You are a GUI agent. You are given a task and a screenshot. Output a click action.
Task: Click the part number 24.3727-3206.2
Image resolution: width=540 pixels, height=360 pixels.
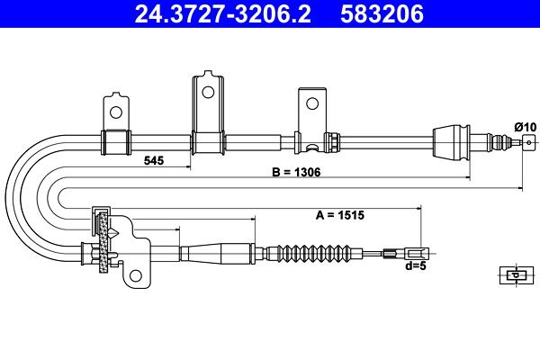point(222,13)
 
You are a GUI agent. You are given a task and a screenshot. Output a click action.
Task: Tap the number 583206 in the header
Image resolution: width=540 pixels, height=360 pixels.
point(382,13)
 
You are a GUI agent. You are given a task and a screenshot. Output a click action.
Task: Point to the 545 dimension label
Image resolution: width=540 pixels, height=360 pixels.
point(154,160)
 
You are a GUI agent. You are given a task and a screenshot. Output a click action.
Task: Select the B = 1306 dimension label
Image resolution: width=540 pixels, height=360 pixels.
point(296,172)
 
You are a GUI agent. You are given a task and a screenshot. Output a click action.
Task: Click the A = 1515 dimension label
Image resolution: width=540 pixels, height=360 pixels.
point(340,215)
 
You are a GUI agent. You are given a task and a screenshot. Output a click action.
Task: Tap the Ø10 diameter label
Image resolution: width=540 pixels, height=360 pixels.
point(526,127)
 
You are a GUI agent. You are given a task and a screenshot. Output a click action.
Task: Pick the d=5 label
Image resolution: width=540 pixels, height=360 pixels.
point(416,265)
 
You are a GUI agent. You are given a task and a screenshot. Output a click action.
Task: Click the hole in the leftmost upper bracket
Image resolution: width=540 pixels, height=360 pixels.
point(116,112)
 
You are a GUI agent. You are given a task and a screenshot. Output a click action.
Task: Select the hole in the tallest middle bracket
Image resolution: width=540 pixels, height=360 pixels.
point(208,92)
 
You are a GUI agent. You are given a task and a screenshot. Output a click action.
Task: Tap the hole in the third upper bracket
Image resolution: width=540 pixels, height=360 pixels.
point(312,103)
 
